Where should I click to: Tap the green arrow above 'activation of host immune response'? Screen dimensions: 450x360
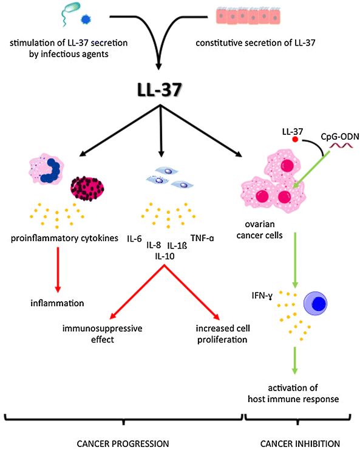294,360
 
